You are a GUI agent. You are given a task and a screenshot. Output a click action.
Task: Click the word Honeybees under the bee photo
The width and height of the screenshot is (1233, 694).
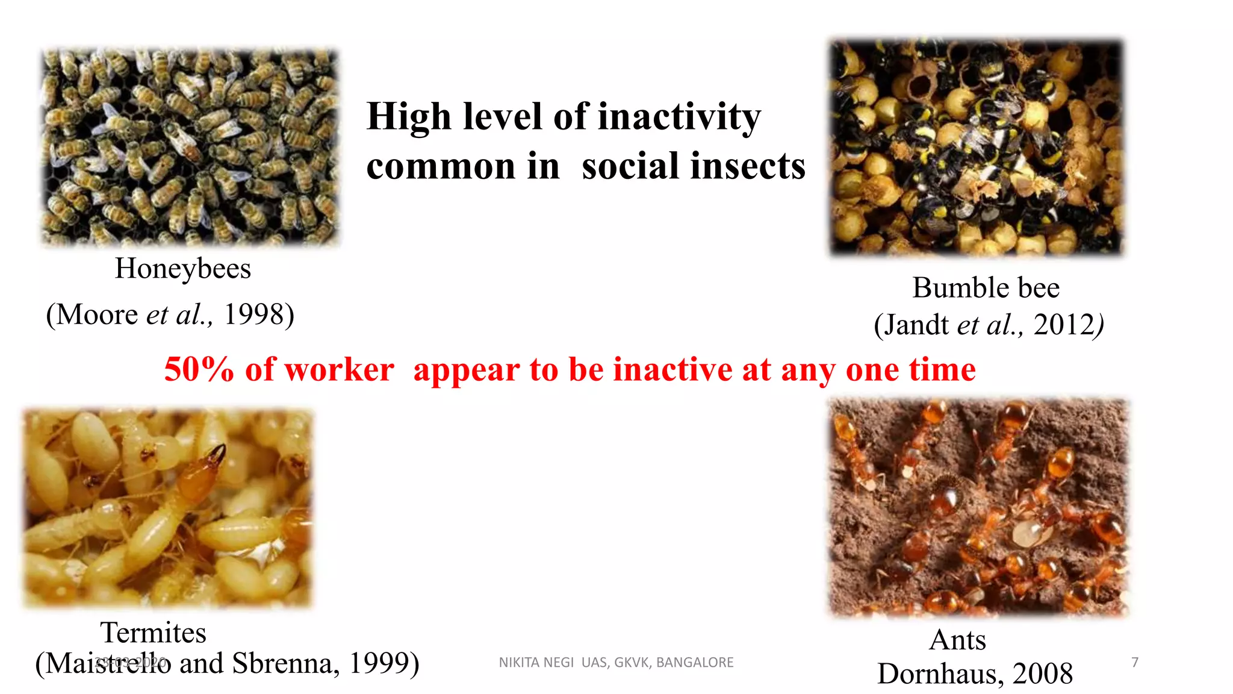pos(182,269)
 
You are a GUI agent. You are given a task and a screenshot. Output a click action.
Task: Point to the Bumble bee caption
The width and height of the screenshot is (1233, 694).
pos(986,288)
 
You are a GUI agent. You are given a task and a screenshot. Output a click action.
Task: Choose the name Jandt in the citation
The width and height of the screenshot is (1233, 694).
pos(916,325)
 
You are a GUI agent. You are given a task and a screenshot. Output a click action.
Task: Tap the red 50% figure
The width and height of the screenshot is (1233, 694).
pos(199,369)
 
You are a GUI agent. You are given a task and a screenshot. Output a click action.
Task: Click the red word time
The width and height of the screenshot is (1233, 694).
pos(942,369)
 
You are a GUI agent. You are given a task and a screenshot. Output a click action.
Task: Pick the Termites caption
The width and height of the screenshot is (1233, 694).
pos(153,633)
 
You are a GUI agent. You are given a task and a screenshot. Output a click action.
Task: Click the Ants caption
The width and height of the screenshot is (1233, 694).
pos(957,640)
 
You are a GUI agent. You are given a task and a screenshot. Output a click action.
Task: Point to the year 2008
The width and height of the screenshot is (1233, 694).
pos(1043,674)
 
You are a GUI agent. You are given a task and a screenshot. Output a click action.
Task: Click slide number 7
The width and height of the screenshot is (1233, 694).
pos(1135,663)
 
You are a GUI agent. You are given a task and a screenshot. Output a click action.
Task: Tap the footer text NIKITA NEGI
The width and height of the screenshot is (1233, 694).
pos(536,663)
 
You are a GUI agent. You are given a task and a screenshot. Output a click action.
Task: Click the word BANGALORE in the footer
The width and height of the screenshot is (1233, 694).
pos(695,663)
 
